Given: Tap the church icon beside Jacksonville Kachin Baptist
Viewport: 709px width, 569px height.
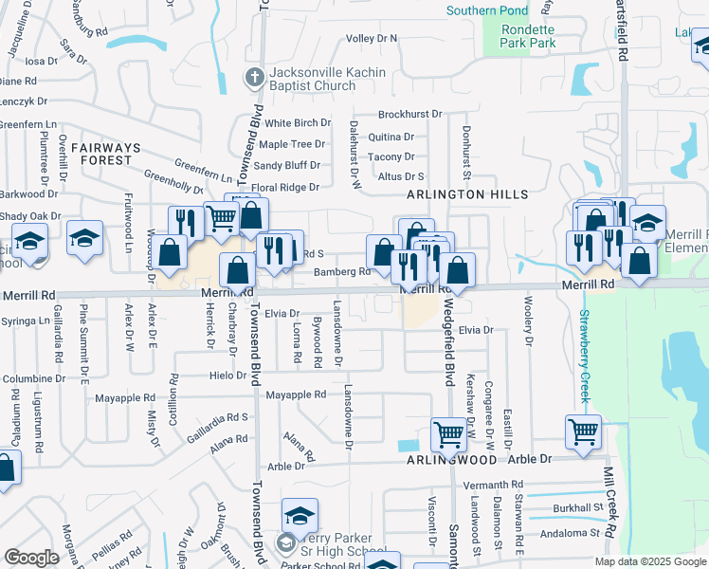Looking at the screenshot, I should [253, 77].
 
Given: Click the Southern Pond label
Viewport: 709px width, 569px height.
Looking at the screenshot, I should [487, 11].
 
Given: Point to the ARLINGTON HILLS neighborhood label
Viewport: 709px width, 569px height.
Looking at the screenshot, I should [467, 193].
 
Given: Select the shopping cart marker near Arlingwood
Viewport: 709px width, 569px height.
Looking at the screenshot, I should [448, 434].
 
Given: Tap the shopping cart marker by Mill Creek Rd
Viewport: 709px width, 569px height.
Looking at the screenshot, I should [583, 431].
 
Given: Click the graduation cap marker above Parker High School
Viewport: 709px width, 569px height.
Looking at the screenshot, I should [300, 515].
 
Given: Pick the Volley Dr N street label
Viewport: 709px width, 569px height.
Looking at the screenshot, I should [372, 39].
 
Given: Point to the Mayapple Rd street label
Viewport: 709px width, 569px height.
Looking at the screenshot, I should [295, 395].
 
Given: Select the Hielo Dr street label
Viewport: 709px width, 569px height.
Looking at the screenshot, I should [228, 376].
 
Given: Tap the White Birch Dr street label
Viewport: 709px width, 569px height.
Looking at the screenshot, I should [297, 123].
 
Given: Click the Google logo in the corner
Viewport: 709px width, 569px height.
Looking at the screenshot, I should [31, 558].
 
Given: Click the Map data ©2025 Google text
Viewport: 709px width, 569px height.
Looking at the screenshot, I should [649, 561].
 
